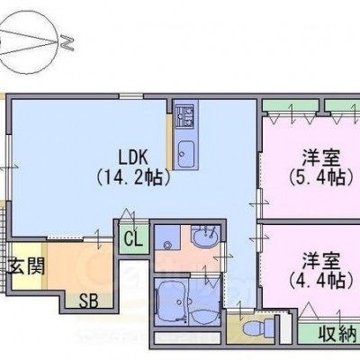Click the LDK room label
[133, 157]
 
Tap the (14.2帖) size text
[133, 178]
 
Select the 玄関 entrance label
[26, 266]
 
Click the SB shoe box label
[89, 301]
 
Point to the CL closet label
[133, 239]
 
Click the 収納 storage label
[339, 334]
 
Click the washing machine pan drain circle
[166, 246]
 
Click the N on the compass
[67, 42]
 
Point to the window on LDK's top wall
[131, 96]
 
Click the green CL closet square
[134, 238]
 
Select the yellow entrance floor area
[27, 265]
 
